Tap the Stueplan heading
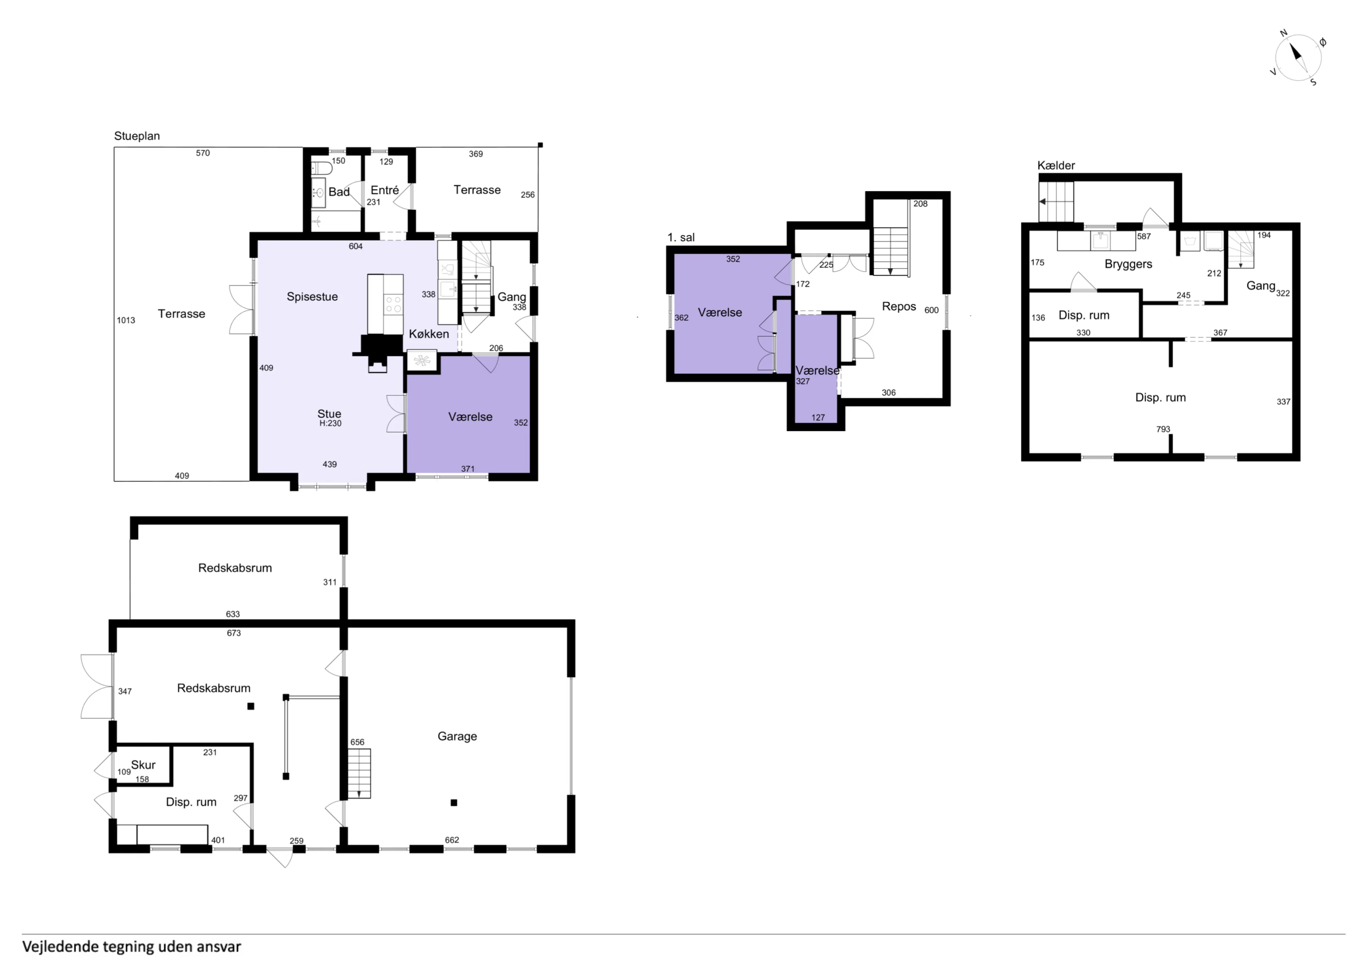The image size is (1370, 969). tap(137, 136)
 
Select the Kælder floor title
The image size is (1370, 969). tap(1056, 165)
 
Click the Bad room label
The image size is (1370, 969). tap(339, 192)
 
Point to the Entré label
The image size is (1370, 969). tap(385, 190)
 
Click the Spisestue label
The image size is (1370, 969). tap(312, 297)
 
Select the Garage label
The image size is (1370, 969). tap(457, 736)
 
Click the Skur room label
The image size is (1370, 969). tap(143, 765)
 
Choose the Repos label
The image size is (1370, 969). tap(899, 306)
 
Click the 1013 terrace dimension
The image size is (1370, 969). tap(126, 320)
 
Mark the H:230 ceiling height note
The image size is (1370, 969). tap(330, 423)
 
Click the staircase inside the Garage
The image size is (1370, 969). tap(359, 773)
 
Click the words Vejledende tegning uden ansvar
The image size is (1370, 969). tap(131, 946)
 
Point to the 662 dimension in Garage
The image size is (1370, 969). tap(452, 839)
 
